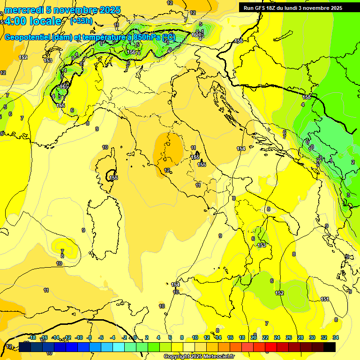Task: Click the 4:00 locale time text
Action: (32, 21)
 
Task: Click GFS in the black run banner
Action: (261, 8)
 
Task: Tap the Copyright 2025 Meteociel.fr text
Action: (198, 357)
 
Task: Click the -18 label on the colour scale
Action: (32, 337)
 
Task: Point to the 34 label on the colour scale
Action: (336, 337)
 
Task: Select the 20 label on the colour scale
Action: (254, 337)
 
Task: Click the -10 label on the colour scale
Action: (79, 337)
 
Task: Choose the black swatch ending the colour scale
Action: (330, 347)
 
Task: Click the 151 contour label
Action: (325, 299)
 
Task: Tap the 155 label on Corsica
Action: (113, 178)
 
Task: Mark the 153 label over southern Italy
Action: (262, 245)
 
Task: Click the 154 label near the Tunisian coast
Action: (175, 285)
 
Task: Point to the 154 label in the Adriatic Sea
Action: (241, 149)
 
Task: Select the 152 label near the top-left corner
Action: (23, 57)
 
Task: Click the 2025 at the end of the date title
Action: (110, 10)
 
